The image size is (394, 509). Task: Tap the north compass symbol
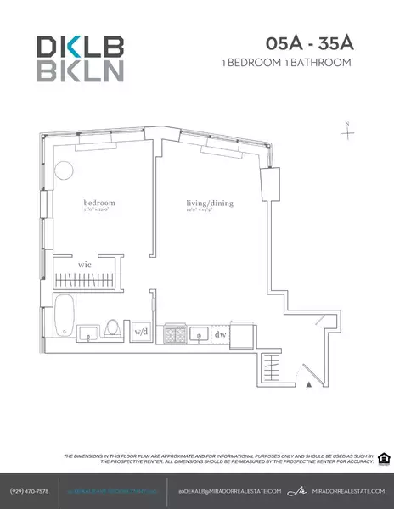[x=348, y=131]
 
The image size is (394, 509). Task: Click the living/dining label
[x=210, y=204]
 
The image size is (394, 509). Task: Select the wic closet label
[x=85, y=265]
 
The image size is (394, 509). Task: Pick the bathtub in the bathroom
[x=64, y=316]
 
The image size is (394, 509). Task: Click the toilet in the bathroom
[x=114, y=326]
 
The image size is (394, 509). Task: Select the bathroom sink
[x=89, y=331]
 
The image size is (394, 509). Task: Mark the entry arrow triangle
[x=309, y=384]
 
